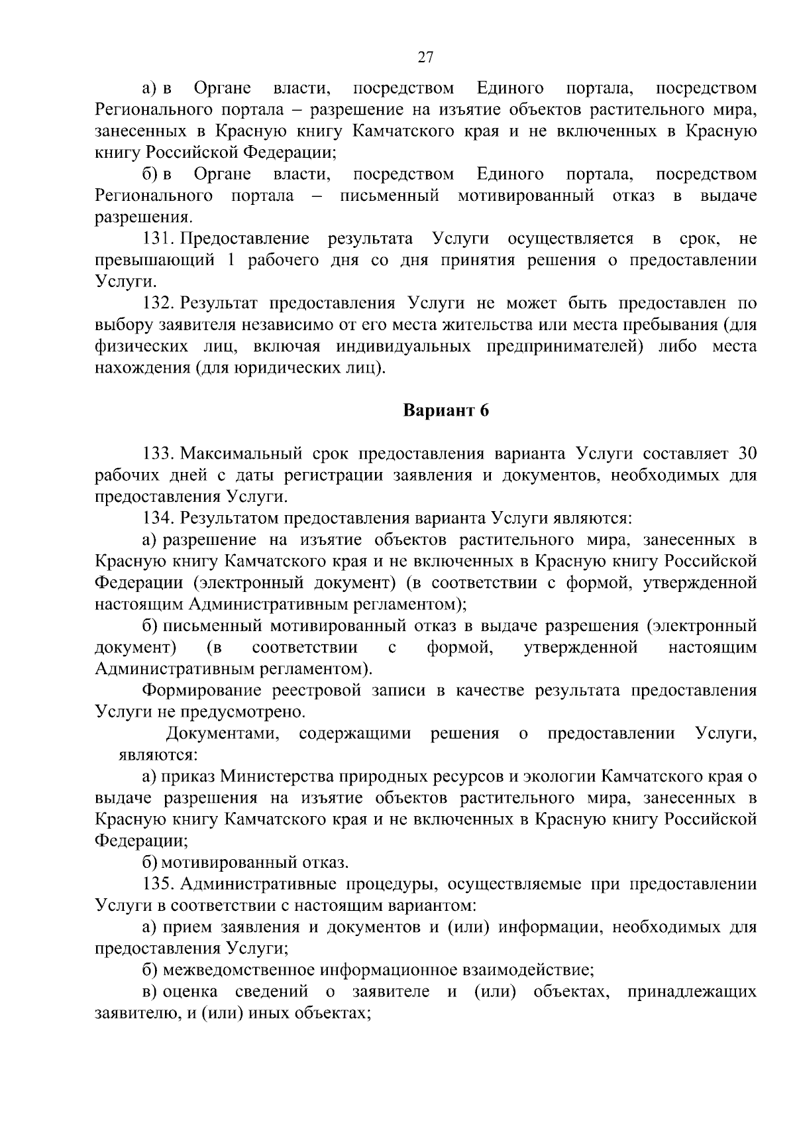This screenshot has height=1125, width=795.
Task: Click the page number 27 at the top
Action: [x=425, y=58]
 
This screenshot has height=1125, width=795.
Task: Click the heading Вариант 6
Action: [x=446, y=411]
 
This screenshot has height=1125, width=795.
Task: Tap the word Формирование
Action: [x=202, y=691]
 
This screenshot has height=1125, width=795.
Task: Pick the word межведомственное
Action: [x=240, y=971]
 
